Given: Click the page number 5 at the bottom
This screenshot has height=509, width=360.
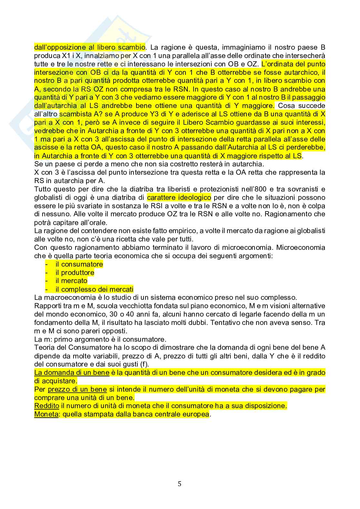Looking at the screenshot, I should point(180,484).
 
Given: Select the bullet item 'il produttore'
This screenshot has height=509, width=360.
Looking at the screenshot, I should point(75,273).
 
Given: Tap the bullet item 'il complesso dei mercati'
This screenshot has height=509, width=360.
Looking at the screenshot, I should point(94,289).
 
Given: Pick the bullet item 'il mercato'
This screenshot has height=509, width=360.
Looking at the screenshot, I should point(71,281).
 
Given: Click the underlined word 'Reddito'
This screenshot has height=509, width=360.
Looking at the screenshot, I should point(46,406).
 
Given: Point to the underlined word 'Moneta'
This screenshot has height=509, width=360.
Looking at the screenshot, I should point(46,415).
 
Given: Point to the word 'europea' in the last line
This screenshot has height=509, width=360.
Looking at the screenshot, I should point(197,415).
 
